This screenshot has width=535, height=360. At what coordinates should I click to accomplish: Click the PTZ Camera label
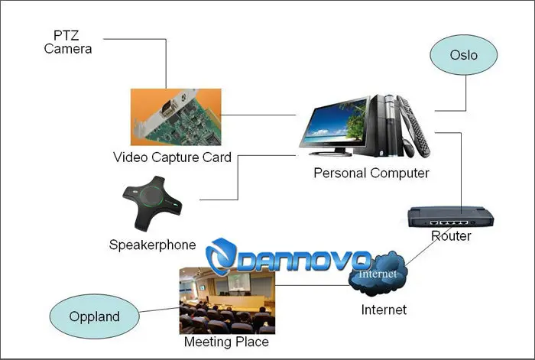[68, 42]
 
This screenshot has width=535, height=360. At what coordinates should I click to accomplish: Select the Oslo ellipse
[463, 54]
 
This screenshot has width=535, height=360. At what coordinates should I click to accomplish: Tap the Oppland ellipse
[95, 316]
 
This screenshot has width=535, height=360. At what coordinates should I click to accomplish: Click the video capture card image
[176, 117]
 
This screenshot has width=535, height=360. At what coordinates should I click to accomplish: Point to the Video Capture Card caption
[172, 157]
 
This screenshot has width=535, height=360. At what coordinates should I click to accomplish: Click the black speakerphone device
[152, 203]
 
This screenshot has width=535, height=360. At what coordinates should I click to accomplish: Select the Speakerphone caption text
[153, 245]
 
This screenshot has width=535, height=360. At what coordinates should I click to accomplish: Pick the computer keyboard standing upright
[414, 125]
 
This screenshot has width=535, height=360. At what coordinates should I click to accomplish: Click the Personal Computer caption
[371, 173]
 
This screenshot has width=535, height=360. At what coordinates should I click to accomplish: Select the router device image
[450, 217]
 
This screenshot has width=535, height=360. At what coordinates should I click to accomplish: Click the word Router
[451, 235]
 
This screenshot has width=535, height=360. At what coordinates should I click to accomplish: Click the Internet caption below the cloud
[384, 310]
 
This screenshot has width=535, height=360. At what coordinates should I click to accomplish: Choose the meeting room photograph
[227, 300]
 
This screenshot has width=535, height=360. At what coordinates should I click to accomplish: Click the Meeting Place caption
[226, 342]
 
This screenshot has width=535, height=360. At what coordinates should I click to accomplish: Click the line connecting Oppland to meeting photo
[159, 310]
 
